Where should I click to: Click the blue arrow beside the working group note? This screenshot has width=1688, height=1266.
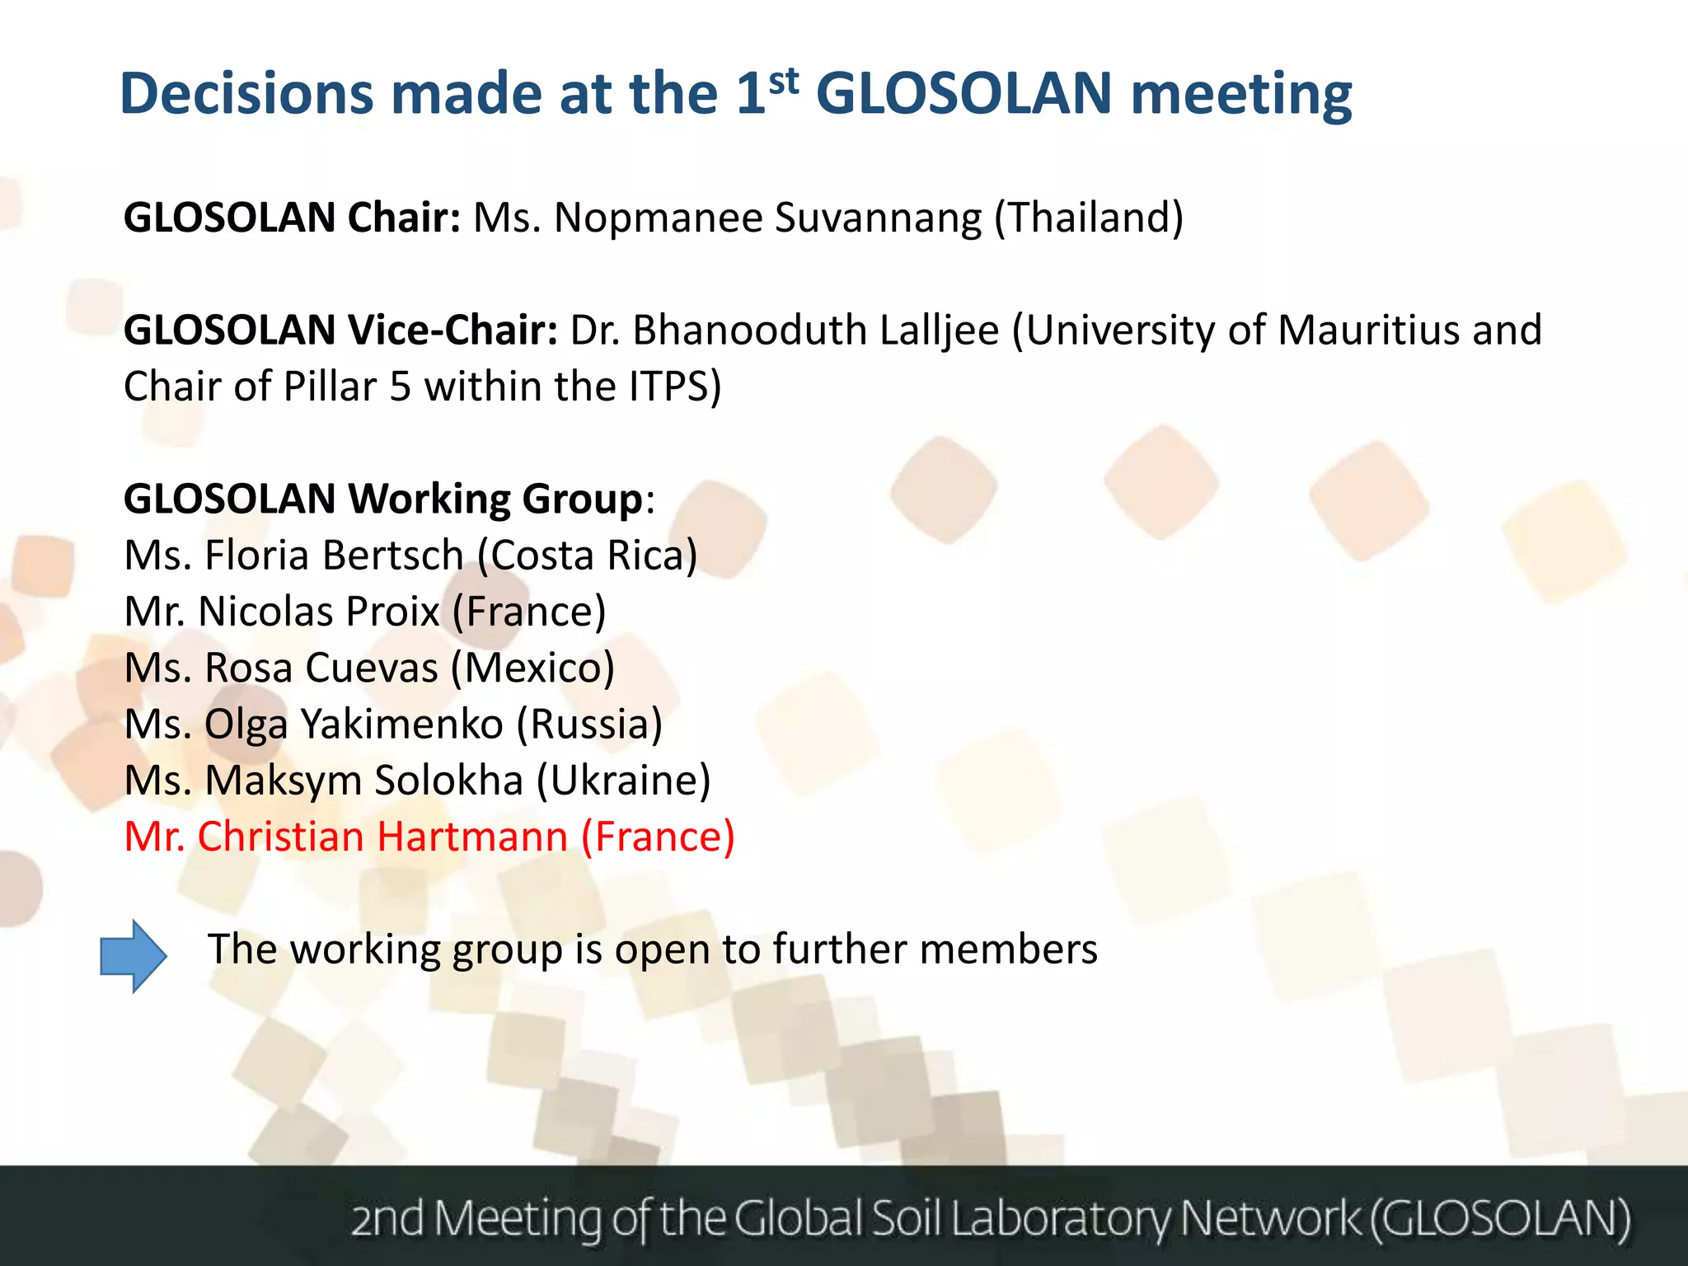click(133, 956)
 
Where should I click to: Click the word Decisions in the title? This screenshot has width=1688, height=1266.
click(246, 93)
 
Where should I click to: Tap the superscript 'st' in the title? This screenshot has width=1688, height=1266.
click(783, 81)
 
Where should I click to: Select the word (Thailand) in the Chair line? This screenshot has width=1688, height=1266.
click(1089, 218)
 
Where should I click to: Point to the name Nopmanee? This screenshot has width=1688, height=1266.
click(659, 218)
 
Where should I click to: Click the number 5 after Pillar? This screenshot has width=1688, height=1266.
click(401, 387)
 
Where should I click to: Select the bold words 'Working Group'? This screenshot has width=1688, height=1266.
click(495, 499)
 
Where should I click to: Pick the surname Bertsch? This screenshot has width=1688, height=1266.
click(392, 556)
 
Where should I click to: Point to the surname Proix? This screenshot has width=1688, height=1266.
click(392, 612)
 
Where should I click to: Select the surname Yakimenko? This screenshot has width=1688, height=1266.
click(401, 724)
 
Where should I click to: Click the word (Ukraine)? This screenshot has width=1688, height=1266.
click(623, 781)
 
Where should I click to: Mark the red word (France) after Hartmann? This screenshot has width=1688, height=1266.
click(658, 837)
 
